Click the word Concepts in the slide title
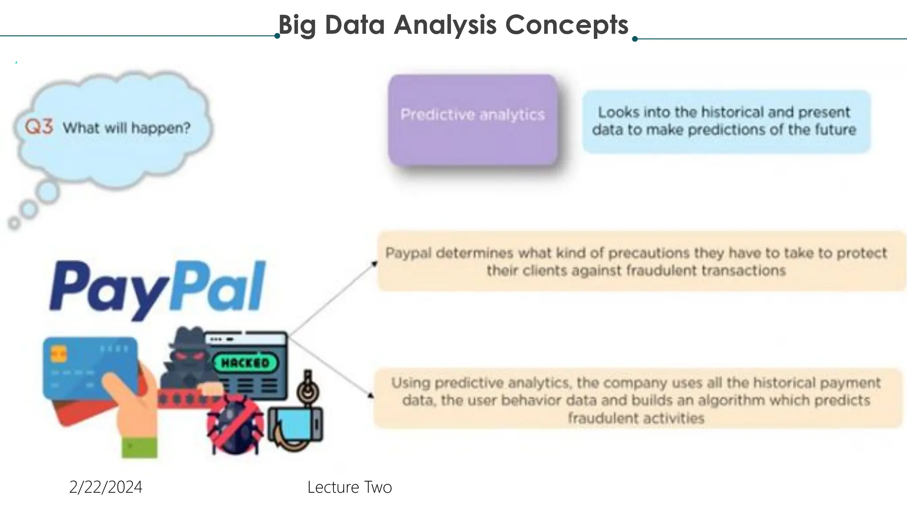click(x=566, y=25)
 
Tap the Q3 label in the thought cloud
click(x=39, y=127)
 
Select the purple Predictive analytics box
click(x=473, y=120)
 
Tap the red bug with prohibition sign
click(x=235, y=425)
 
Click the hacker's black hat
click(x=186, y=339)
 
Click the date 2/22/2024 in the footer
click(x=106, y=487)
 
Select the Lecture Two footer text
click(x=349, y=487)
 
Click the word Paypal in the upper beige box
click(x=408, y=253)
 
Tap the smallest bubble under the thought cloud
click(x=14, y=224)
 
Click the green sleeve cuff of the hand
click(x=140, y=447)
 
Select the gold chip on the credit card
click(x=59, y=354)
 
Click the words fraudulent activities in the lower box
click(x=636, y=418)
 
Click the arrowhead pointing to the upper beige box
click(x=374, y=264)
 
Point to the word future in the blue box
click(x=835, y=130)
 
